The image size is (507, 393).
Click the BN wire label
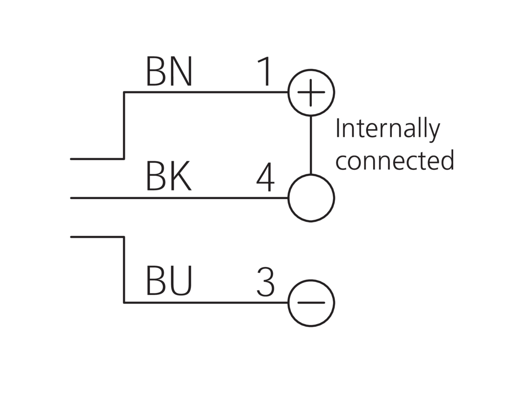(x=169, y=71)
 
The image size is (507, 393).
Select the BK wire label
(x=169, y=176)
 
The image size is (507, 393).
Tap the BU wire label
(x=169, y=281)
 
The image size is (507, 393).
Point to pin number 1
(x=265, y=71)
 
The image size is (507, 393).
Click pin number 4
(x=265, y=177)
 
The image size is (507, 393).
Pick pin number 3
(x=266, y=282)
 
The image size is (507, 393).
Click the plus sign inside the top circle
(x=311, y=92)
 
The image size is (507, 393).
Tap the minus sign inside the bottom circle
(x=311, y=303)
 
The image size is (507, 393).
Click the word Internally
(x=388, y=129)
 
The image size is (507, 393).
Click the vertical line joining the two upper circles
(x=311, y=145)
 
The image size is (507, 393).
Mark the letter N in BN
(x=181, y=71)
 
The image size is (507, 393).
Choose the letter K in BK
(x=181, y=176)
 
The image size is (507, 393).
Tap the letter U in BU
(x=181, y=281)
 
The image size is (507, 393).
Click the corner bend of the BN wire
(x=124, y=92)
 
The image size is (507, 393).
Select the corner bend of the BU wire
(x=124, y=303)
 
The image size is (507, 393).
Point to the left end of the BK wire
(x=71, y=198)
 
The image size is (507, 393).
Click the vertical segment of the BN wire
(x=124, y=126)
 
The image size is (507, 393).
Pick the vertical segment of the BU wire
(x=124, y=270)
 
